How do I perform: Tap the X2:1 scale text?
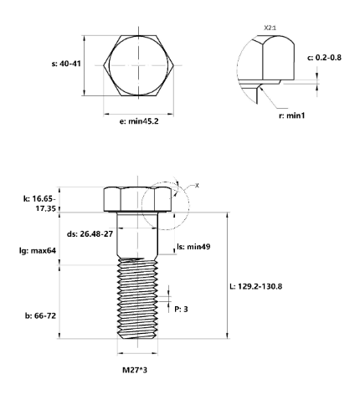point(270,28)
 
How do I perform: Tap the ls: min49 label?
point(193,248)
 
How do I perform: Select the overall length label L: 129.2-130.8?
point(267,286)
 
